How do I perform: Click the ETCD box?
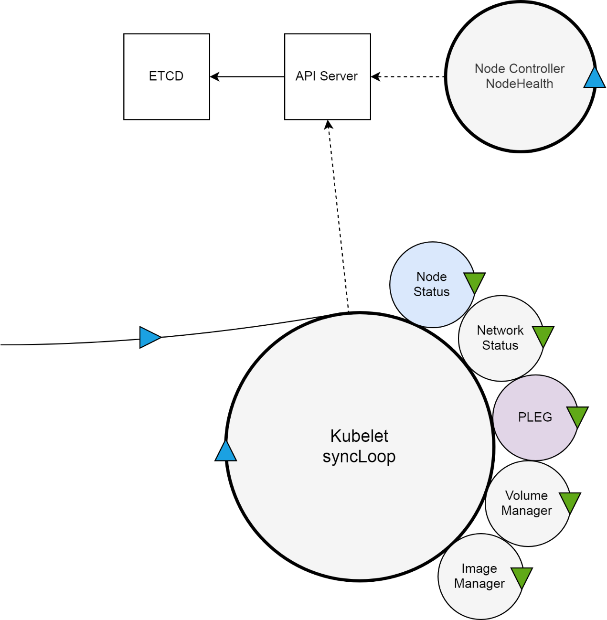(166, 76)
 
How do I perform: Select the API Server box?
(327, 76)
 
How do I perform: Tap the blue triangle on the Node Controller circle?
(595, 79)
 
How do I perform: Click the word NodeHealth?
(519, 84)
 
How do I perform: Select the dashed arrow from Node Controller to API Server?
(408, 76)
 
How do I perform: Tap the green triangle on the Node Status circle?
(474, 281)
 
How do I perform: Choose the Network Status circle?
(497, 338)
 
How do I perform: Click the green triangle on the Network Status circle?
(543, 335)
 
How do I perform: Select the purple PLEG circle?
(532, 417)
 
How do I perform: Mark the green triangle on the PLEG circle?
(577, 416)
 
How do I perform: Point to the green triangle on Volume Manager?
(570, 502)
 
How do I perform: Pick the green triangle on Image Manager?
(522, 577)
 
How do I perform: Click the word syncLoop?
(359, 457)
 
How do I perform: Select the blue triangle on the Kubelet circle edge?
(226, 452)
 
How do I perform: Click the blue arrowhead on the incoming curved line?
(149, 337)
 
